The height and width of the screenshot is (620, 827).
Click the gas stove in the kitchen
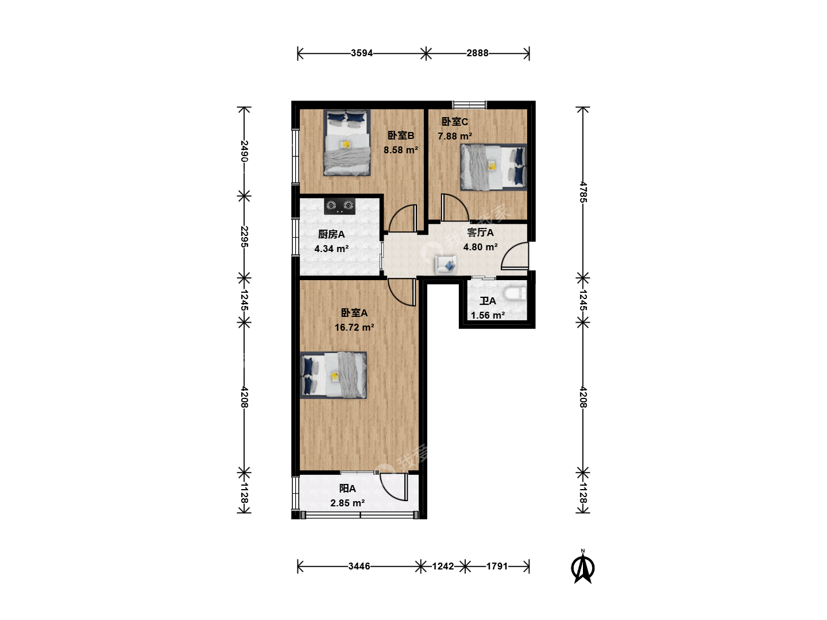pyautogui.click(x=339, y=206)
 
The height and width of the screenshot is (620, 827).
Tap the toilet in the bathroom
pyautogui.click(x=515, y=293)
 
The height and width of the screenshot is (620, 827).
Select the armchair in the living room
pyautogui.click(x=446, y=265)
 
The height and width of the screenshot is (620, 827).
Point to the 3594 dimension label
pyautogui.click(x=362, y=53)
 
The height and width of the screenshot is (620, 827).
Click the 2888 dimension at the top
pyautogui.click(x=477, y=53)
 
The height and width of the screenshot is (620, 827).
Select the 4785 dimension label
pyautogui.click(x=583, y=192)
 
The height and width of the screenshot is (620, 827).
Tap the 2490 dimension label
pyautogui.click(x=244, y=151)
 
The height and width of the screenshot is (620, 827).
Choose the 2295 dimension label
pyautogui.click(x=244, y=237)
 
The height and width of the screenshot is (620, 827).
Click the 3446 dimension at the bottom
pyautogui.click(x=359, y=566)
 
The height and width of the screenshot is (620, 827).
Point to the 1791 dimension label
pyautogui.click(x=497, y=566)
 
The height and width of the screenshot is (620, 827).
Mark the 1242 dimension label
pyautogui.click(x=443, y=566)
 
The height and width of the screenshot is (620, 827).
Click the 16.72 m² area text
pyautogui.click(x=354, y=327)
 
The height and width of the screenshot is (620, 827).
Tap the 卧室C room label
pyautogui.click(x=455, y=122)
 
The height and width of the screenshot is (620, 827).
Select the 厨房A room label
pyautogui.click(x=331, y=234)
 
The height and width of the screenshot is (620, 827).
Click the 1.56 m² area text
pyautogui.click(x=488, y=315)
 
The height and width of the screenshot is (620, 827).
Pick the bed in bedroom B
pyautogui.click(x=347, y=143)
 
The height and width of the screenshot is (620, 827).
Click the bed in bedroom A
pyautogui.click(x=334, y=375)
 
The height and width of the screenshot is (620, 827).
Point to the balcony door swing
pyautogui.click(x=393, y=487)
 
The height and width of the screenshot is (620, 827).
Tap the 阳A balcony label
pyautogui.click(x=347, y=489)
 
